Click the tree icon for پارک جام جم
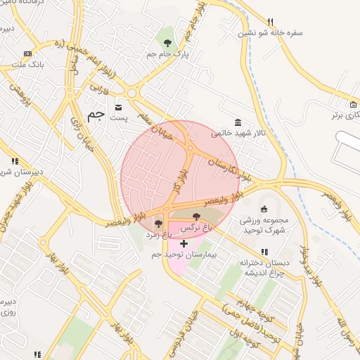click(x=167, y=44)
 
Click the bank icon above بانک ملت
click(x=27, y=53)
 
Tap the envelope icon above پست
click(x=117, y=107)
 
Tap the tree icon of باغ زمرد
click(x=158, y=224)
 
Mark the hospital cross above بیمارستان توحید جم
click(x=184, y=243)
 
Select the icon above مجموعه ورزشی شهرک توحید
click(x=264, y=208)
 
